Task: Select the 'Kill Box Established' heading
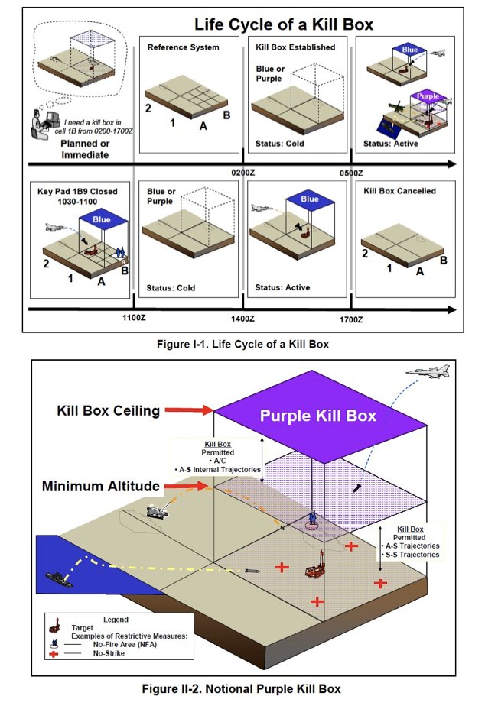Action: pyautogui.click(x=295, y=47)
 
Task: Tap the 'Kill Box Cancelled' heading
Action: pyautogui.click(x=401, y=191)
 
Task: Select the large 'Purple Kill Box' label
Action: pyautogui.click(x=317, y=416)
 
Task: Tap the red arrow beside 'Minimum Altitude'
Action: pyautogui.click(x=189, y=485)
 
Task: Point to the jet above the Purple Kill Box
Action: pyautogui.click(x=428, y=373)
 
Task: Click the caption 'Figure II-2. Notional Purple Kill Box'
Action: pyautogui.click(x=241, y=689)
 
